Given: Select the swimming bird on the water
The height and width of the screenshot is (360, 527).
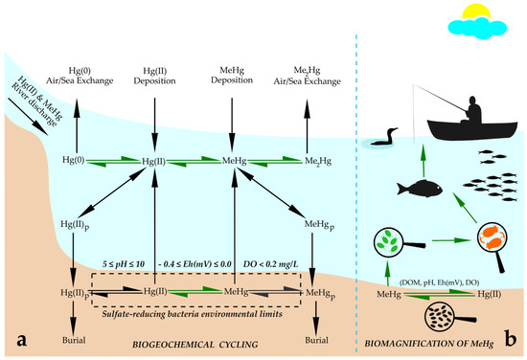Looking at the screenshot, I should pos(382,144).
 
